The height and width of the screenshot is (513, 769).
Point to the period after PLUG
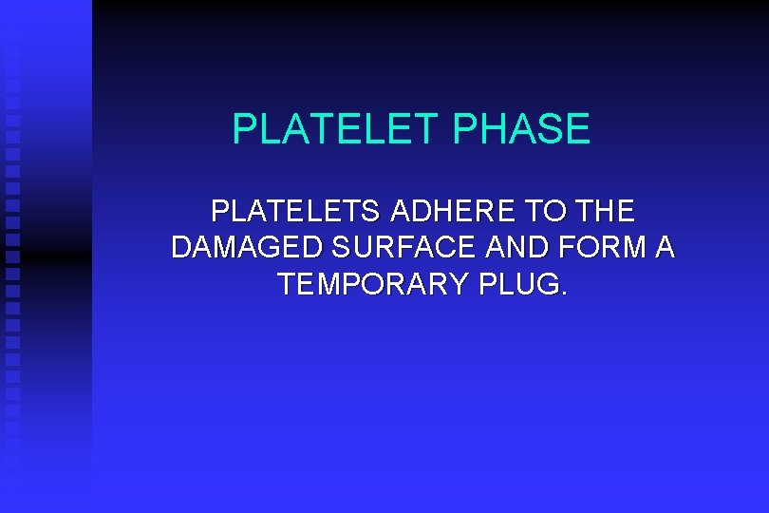coord(566,294)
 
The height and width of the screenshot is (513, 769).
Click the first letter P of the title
coord(244,129)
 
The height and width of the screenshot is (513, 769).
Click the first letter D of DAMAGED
coord(181,248)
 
